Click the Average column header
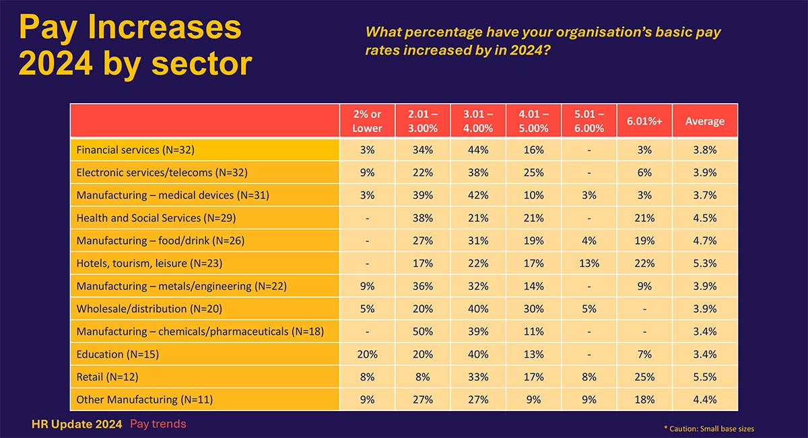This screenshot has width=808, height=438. click(704, 121)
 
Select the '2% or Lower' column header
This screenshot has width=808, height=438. click(367, 121)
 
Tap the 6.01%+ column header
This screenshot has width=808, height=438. click(644, 121)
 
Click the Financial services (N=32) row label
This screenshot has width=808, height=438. click(135, 150)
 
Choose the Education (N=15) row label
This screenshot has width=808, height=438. click(117, 354)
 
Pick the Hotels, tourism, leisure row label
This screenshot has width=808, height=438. click(149, 263)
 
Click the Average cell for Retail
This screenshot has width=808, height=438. click(704, 377)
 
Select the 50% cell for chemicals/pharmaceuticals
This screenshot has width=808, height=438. click(422, 332)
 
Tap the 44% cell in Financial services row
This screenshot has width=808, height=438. click(478, 150)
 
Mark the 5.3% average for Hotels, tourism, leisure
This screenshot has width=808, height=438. click(704, 263)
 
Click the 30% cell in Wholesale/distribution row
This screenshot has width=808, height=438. click(533, 309)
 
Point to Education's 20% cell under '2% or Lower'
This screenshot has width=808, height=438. click(367, 354)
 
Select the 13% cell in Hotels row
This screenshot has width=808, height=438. click(589, 263)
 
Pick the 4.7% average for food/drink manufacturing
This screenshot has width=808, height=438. click(704, 241)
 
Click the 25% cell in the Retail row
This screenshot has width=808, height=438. click(644, 377)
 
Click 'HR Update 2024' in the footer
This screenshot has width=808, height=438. click(77, 424)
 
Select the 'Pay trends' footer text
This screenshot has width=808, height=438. click(158, 424)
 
